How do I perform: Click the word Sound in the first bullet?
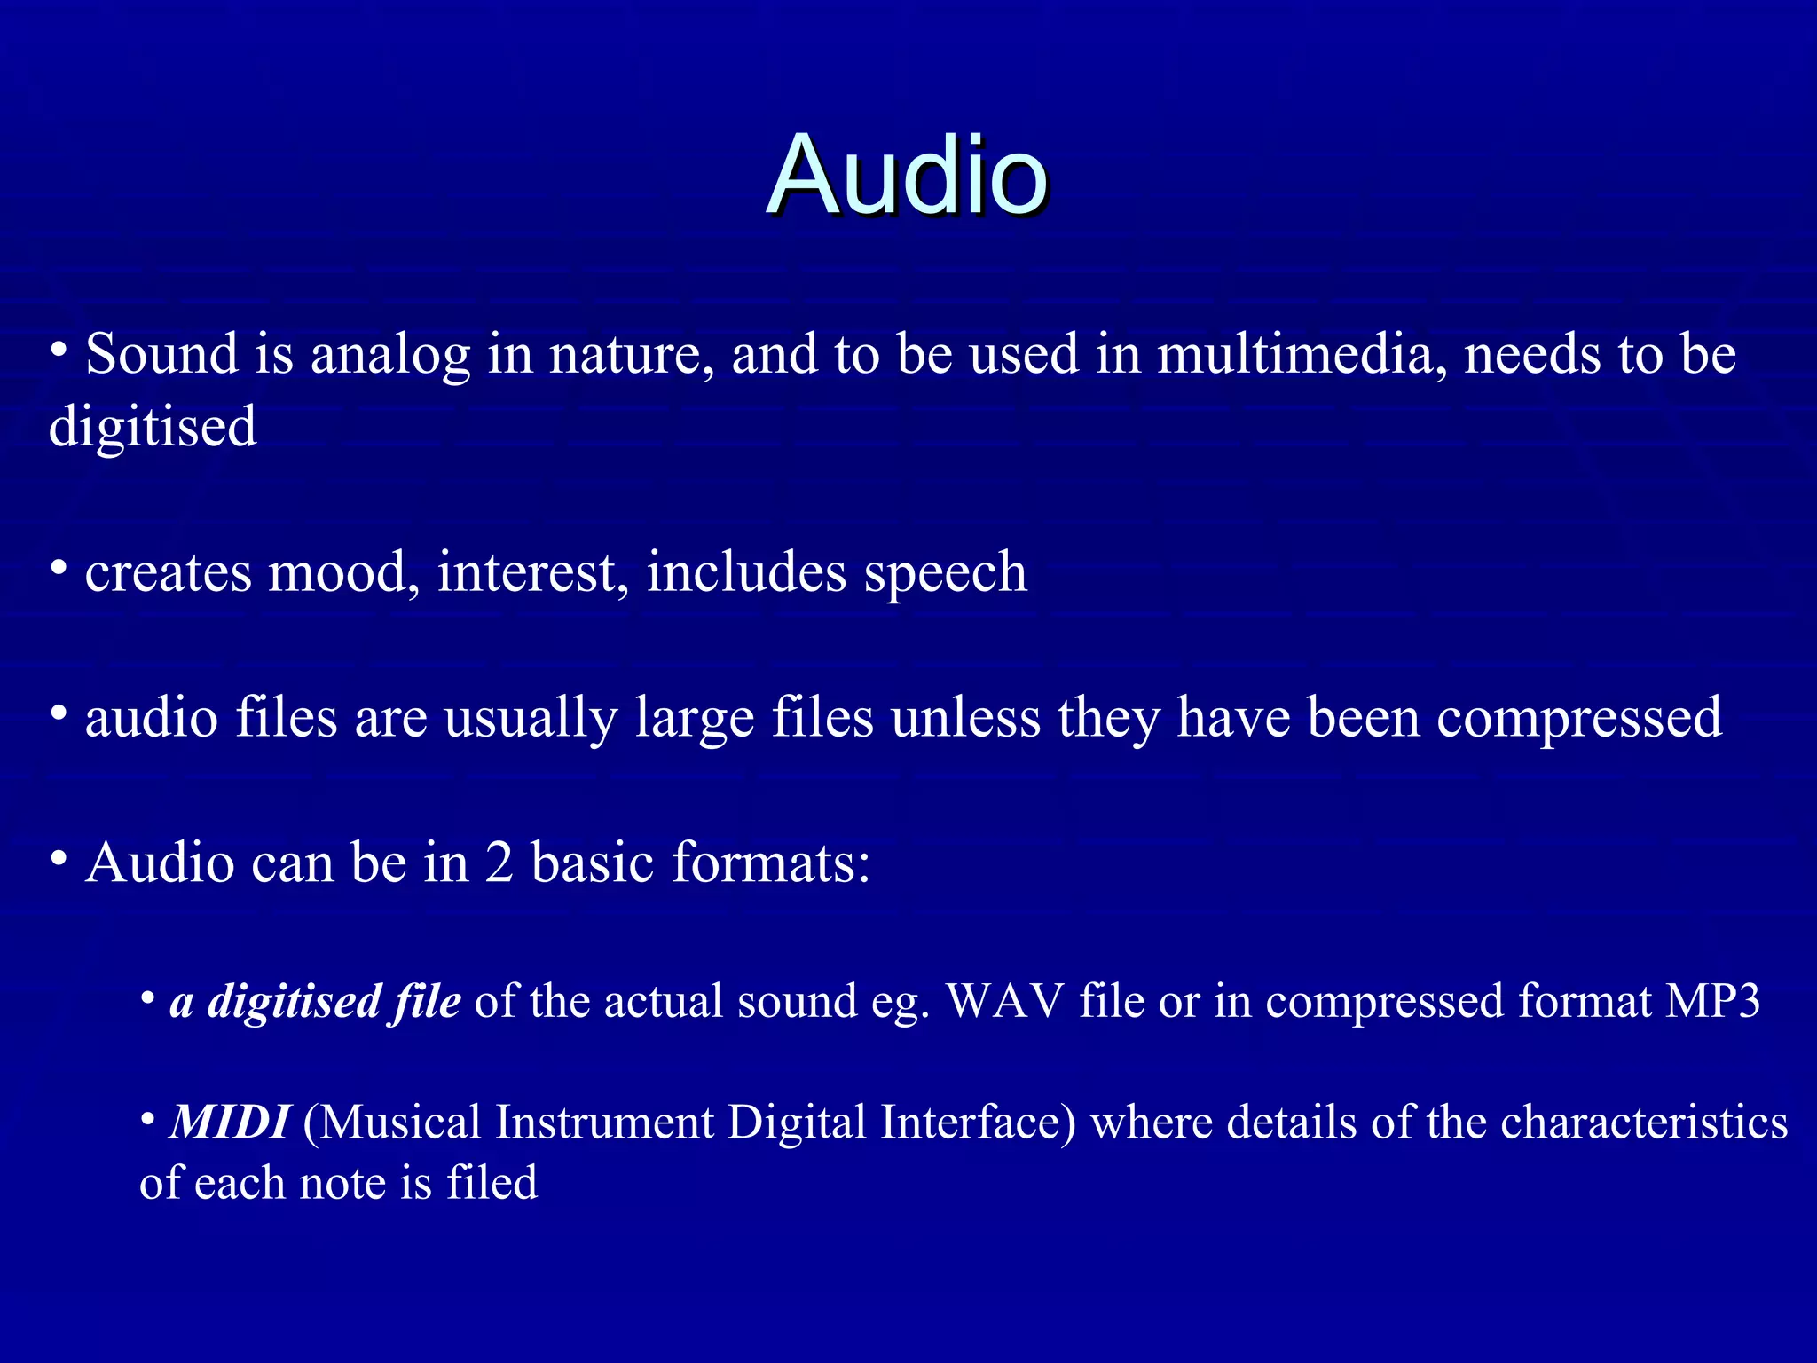161,354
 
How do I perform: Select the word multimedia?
1296,354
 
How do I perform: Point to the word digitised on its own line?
153,428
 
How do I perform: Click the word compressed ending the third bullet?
1578,719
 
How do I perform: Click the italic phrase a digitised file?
315,1002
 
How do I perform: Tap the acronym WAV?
1004,1001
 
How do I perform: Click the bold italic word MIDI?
229,1123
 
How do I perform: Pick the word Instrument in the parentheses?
604,1123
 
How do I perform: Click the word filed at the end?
492,1183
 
